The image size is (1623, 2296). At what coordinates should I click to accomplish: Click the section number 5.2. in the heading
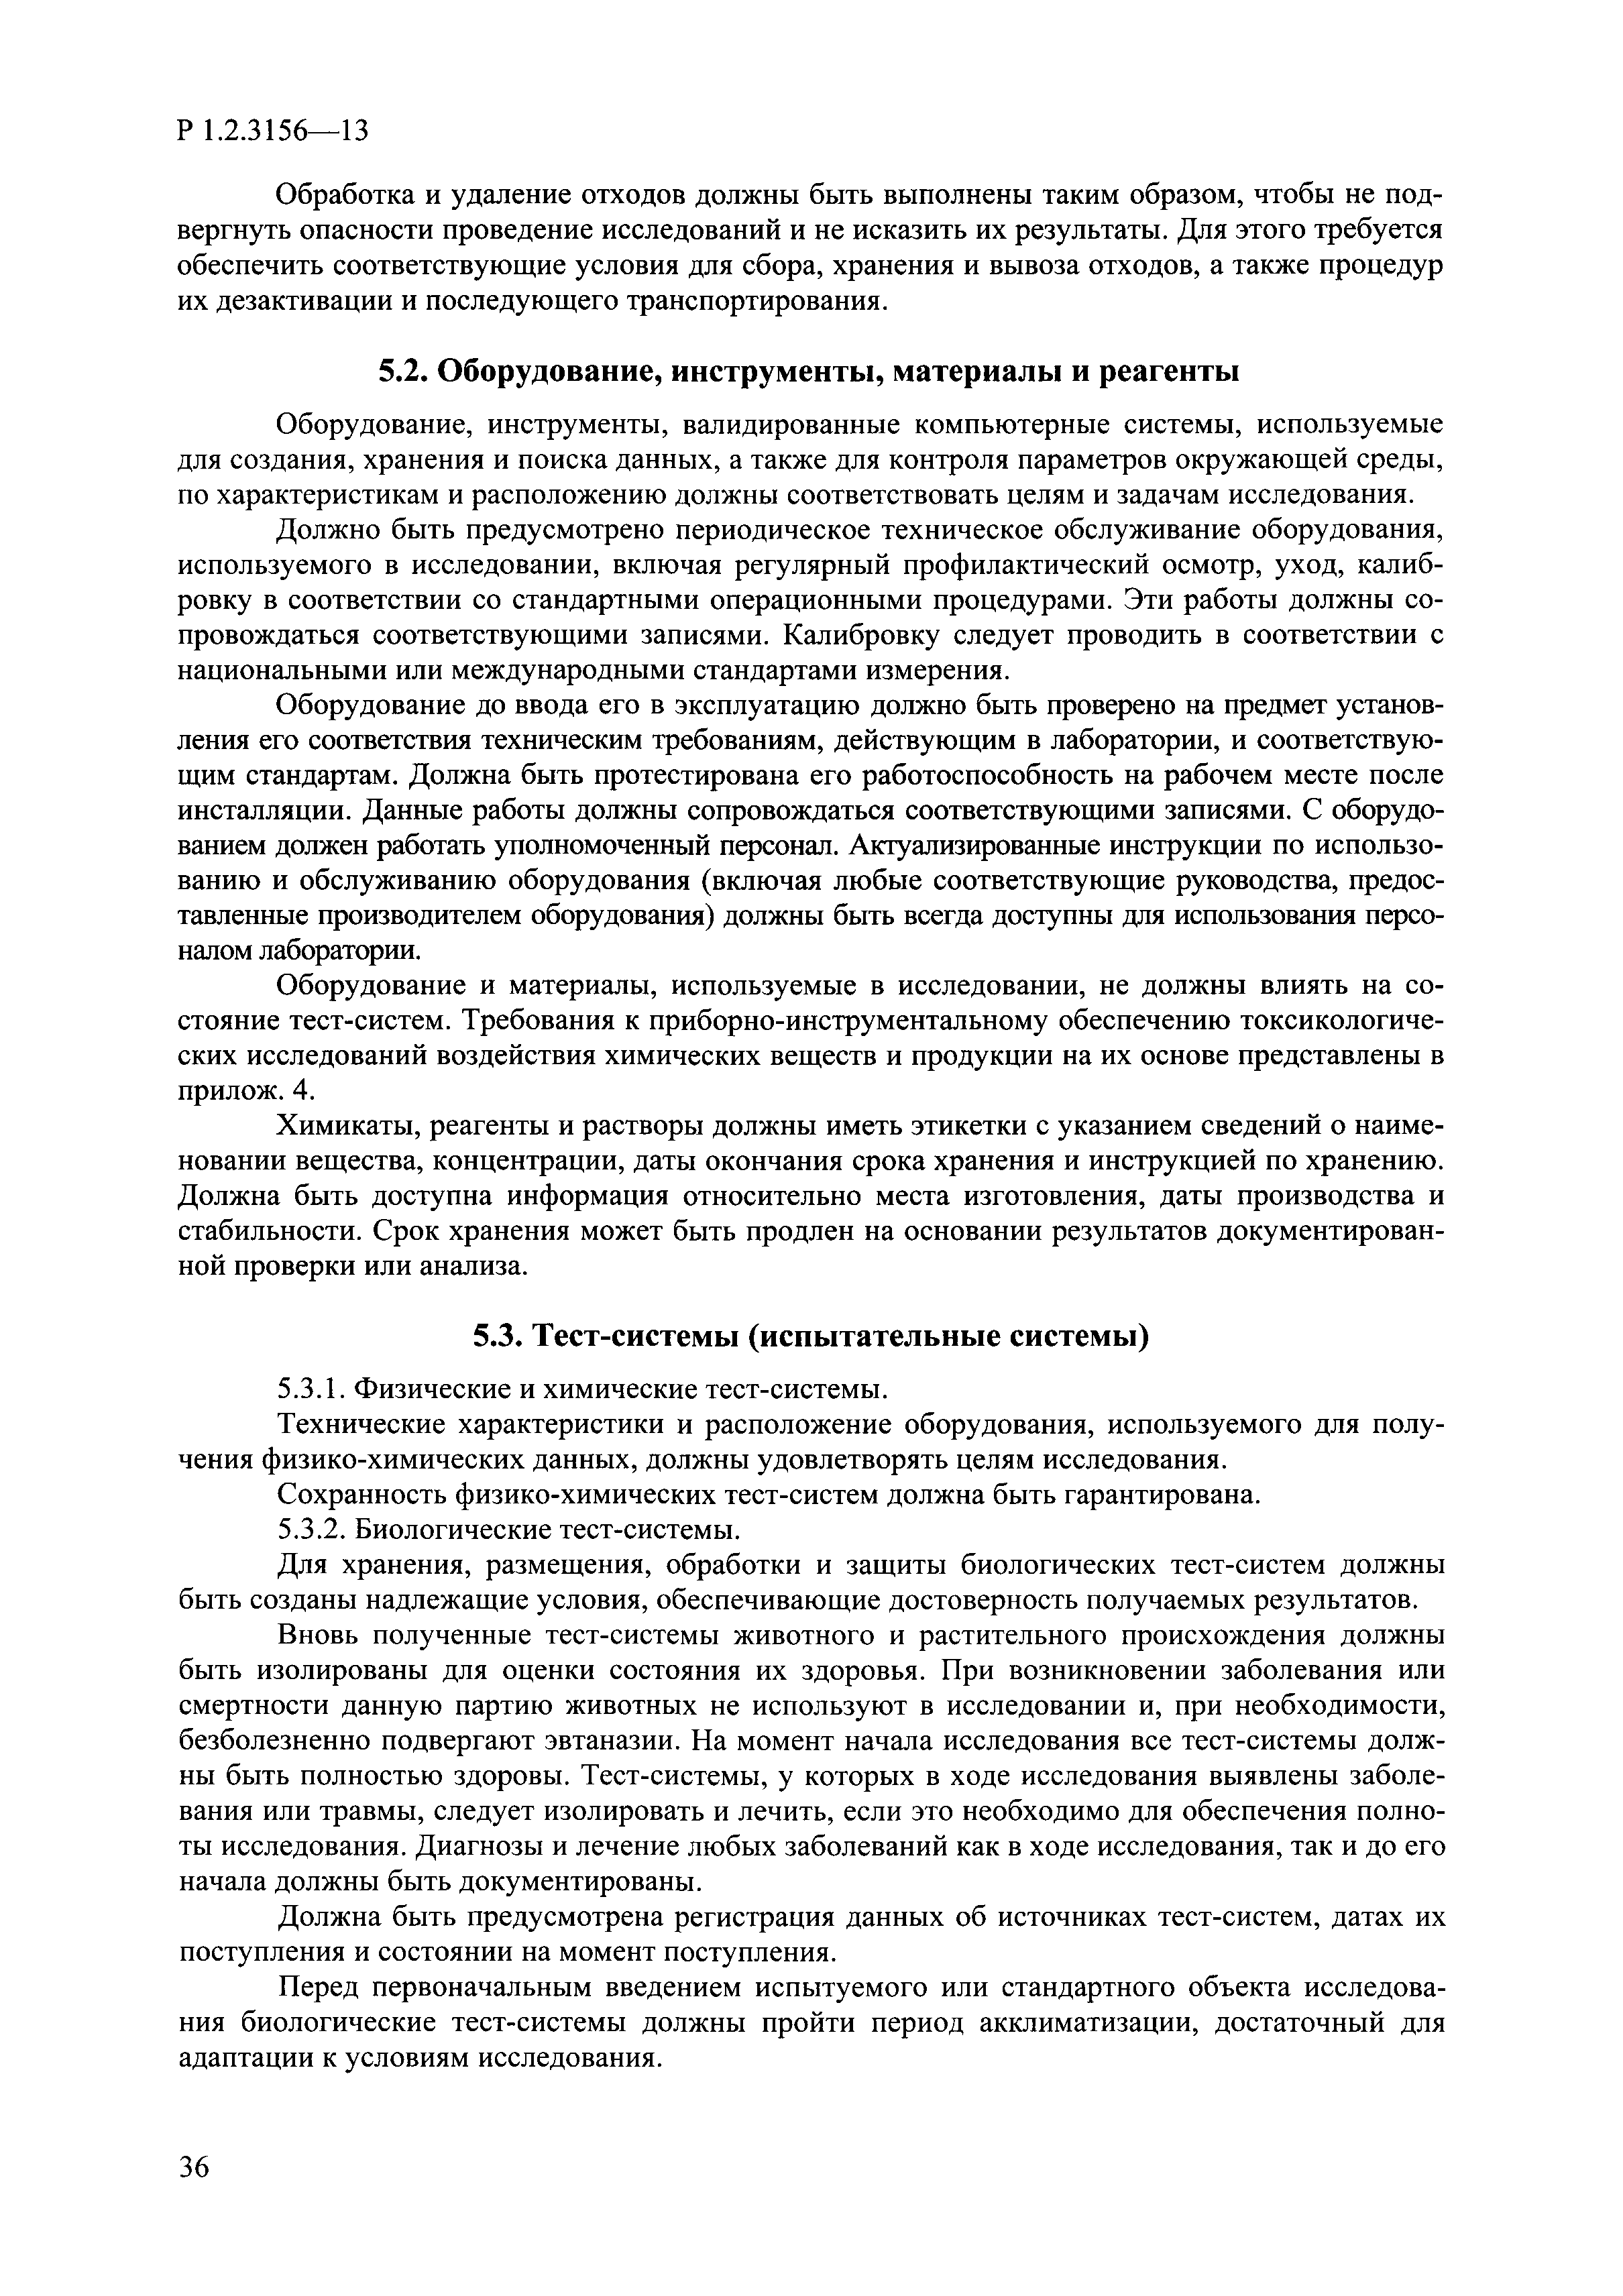click(404, 371)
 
